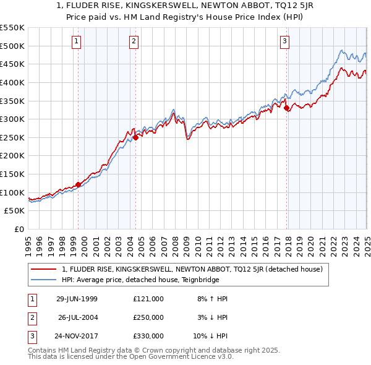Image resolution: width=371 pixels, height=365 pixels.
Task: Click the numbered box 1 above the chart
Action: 76,42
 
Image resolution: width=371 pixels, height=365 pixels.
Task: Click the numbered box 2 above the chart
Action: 134,42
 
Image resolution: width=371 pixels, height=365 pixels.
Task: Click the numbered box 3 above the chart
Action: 284,42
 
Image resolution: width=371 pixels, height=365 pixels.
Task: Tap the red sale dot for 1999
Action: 79,184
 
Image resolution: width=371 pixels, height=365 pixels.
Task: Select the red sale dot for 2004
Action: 135,137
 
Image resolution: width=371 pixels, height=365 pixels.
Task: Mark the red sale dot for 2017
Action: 287,108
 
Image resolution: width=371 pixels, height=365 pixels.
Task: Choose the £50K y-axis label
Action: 15,211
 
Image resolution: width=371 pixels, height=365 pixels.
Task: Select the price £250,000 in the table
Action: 148,317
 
